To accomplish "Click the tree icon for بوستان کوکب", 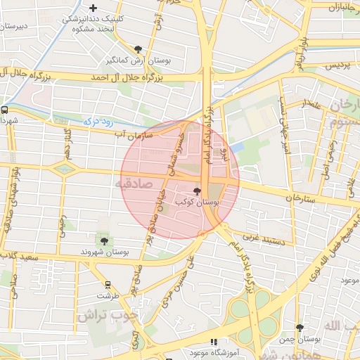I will pyautogui.click(x=197, y=191).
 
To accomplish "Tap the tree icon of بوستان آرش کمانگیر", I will pyautogui.click(x=137, y=49).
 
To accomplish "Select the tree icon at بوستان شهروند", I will pyautogui.click(x=104, y=241).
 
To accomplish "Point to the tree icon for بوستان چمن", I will pyautogui.click(x=300, y=328).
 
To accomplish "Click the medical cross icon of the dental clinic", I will pyautogui.click(x=93, y=8).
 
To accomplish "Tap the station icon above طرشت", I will pyautogui.click(x=108, y=285).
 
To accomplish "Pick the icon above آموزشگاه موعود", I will pyautogui.click(x=214, y=342).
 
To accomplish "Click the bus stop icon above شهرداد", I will pyautogui.click(x=5, y=110).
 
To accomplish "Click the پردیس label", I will pyautogui.click(x=336, y=64).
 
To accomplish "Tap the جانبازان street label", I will pyautogui.click(x=343, y=7).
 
